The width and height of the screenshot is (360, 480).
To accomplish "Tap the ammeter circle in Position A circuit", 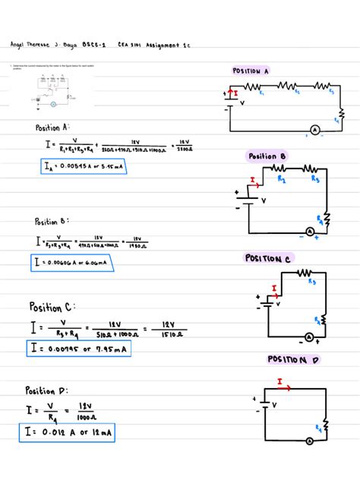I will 314,131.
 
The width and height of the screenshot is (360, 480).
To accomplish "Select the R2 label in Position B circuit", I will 282,180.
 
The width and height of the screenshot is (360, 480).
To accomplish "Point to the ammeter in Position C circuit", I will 309,336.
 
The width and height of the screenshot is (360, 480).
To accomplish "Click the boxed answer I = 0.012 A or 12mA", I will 67,433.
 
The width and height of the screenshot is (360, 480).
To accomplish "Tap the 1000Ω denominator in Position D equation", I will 84,417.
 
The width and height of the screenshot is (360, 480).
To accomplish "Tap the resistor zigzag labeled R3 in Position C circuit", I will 306,273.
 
